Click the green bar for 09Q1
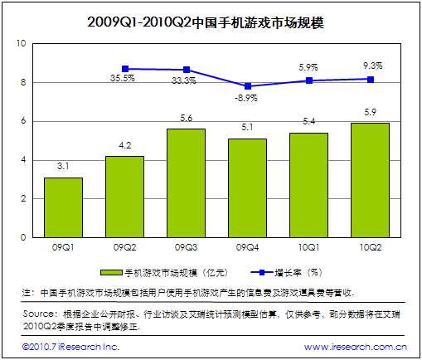(x=63, y=207)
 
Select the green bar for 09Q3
(x=186, y=182)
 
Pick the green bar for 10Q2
(x=370, y=180)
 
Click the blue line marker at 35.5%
(x=124, y=69)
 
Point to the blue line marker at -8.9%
(x=247, y=86)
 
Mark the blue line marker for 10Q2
(x=370, y=80)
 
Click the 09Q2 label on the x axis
(x=124, y=247)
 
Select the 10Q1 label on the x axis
(x=308, y=247)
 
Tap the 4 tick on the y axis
(x=23, y=159)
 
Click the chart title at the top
(x=211, y=20)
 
